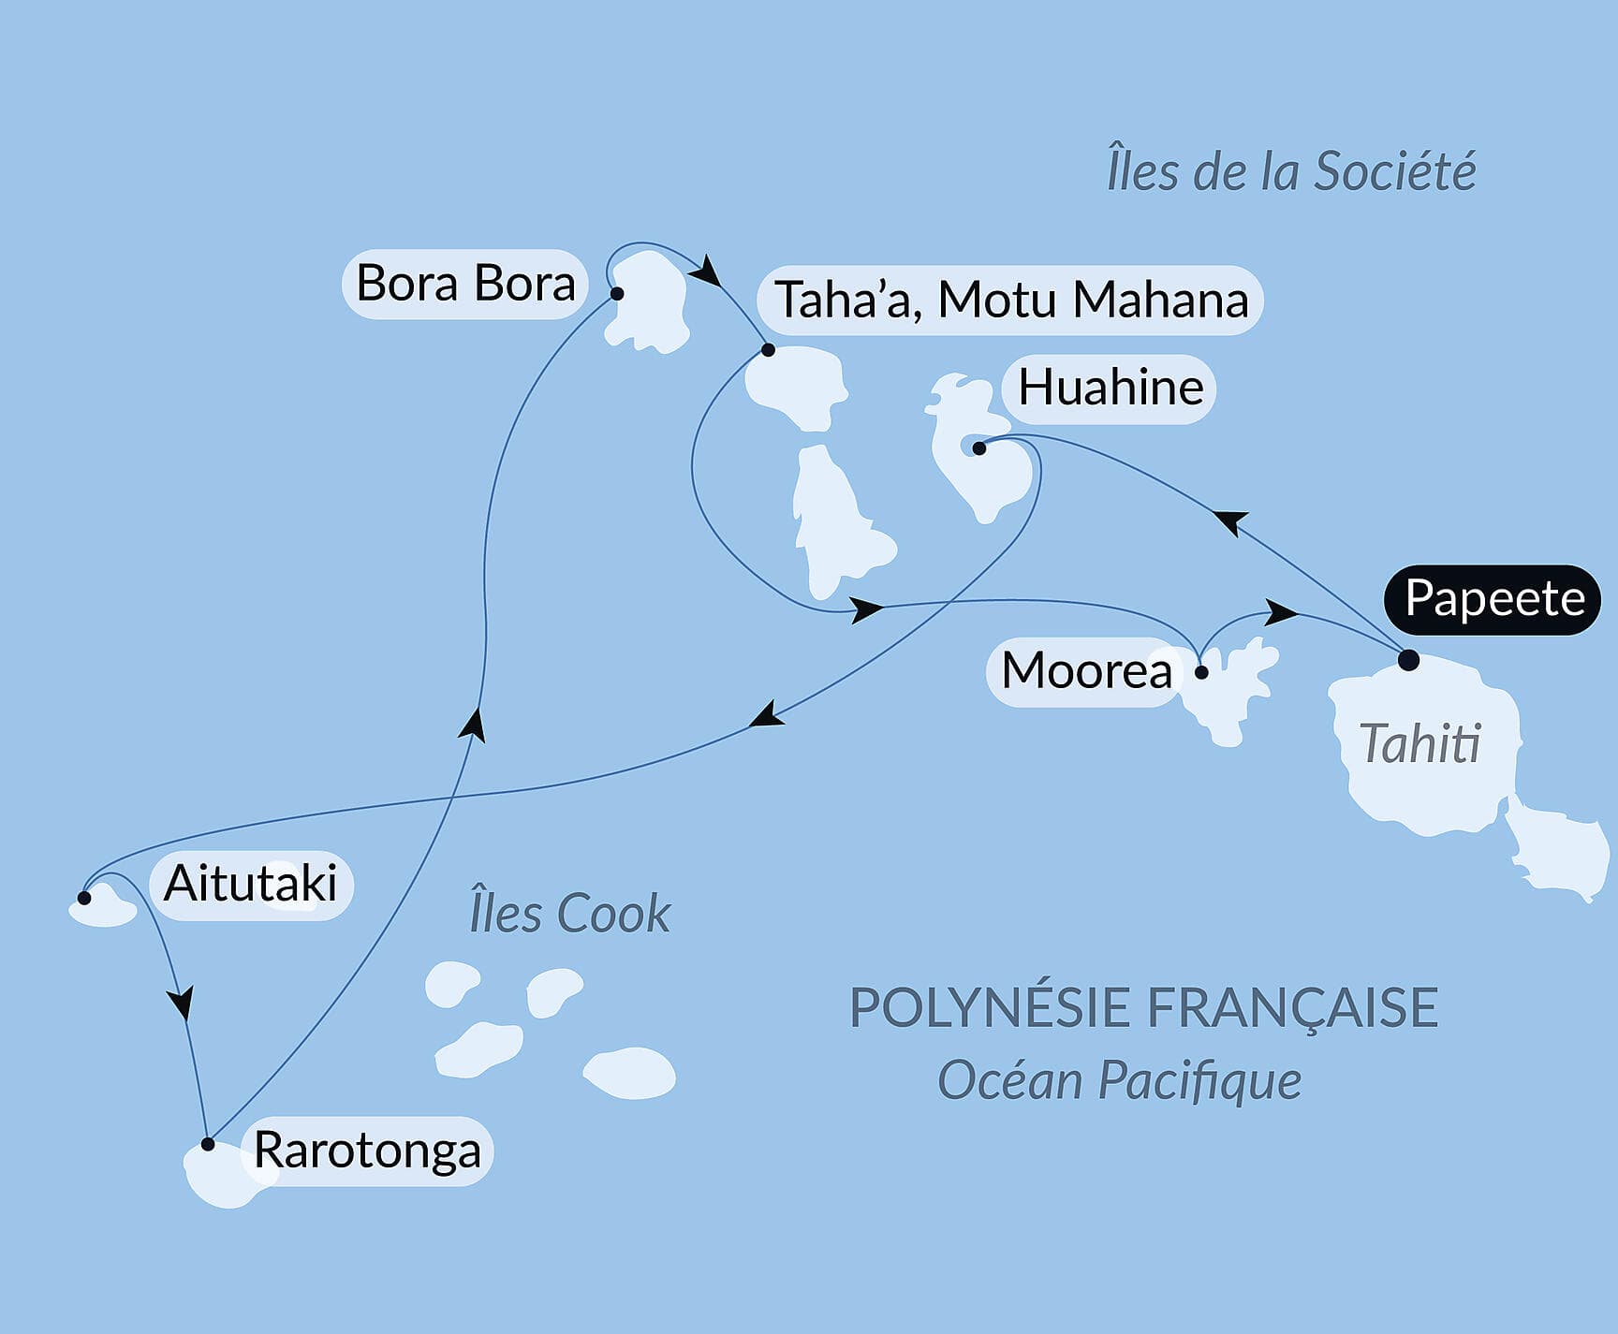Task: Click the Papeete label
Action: coord(1493,599)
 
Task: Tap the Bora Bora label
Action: coord(465,284)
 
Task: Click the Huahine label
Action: coord(1110,388)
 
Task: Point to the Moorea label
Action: coord(1086,671)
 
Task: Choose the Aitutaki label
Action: coord(250,884)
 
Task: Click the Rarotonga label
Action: coord(367,1151)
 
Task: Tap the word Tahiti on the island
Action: coord(1419,745)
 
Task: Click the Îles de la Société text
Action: coord(1290,171)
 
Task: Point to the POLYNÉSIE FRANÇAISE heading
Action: coord(1142,1008)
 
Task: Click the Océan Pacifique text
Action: coord(1119,1081)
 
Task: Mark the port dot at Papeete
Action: coord(1408,661)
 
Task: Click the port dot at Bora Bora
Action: coord(617,294)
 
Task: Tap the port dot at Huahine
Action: coord(978,448)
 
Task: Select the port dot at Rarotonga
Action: coord(208,1144)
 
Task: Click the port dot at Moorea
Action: coord(1202,672)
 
